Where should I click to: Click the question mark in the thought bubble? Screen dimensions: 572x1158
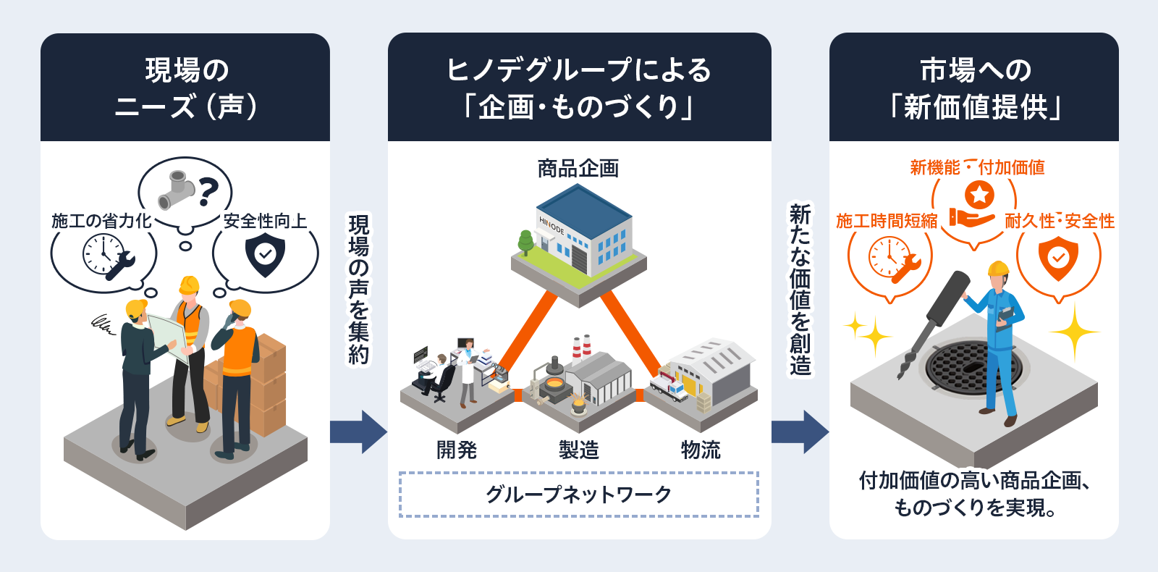pyautogui.click(x=208, y=190)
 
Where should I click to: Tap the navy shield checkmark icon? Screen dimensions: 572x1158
pyautogui.click(x=265, y=255)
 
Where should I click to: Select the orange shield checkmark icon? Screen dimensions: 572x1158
pyautogui.click(x=1058, y=257)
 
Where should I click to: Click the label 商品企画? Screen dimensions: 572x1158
pyautogui.click(x=578, y=169)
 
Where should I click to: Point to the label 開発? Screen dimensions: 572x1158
pyautogui.click(x=457, y=450)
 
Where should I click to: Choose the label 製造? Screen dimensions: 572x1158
pyautogui.click(x=579, y=450)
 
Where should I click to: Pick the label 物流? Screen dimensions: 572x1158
pyautogui.click(x=701, y=450)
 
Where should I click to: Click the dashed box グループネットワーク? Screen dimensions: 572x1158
pyautogui.click(x=578, y=495)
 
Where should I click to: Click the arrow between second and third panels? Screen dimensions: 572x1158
pyautogui.click(x=800, y=432)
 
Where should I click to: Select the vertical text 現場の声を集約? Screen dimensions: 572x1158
pyautogui.click(x=359, y=289)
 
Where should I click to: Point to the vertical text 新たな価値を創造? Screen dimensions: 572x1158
pyautogui.click(x=800, y=289)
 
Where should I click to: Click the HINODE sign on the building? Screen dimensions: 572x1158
pyautogui.click(x=551, y=226)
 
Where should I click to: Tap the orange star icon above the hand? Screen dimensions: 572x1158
pyautogui.click(x=979, y=194)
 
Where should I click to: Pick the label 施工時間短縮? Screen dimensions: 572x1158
pyautogui.click(x=887, y=221)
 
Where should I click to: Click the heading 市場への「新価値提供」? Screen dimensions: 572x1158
pyautogui.click(x=974, y=88)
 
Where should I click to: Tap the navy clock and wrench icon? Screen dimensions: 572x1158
pyautogui.click(x=107, y=257)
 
